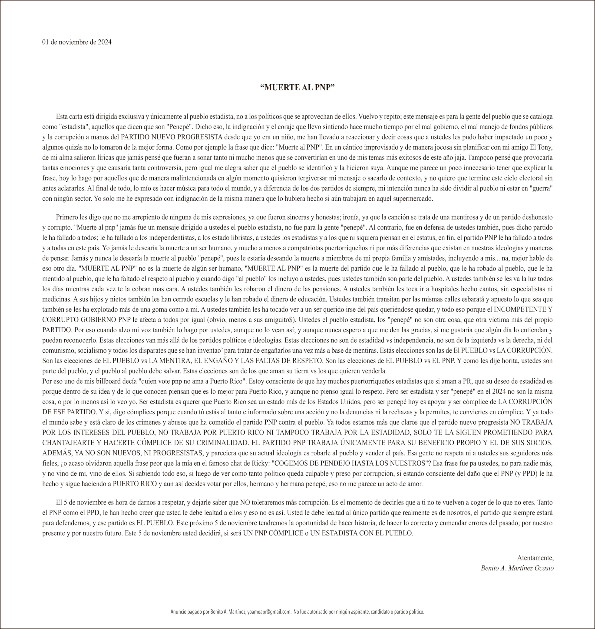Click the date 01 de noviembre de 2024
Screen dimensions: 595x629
[x=77, y=42]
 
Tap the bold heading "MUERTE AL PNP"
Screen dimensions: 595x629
[x=297, y=88]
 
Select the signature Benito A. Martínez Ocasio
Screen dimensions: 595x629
[x=517, y=568]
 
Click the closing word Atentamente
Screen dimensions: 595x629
[x=535, y=558]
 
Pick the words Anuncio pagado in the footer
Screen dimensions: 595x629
[x=184, y=612]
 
